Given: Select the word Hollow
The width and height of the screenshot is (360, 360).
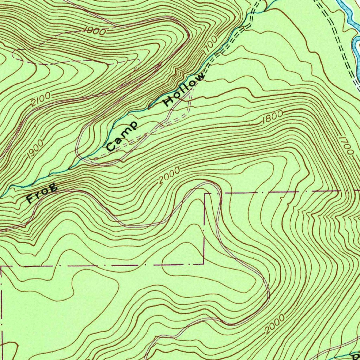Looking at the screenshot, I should point(184,90).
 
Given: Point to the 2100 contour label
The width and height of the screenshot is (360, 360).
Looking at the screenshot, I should point(41,99).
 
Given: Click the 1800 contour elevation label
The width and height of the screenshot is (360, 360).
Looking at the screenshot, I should point(272,117).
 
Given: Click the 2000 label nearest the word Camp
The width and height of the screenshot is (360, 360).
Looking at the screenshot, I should point(169,175).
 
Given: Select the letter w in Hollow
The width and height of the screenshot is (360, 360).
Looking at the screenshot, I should point(200,77).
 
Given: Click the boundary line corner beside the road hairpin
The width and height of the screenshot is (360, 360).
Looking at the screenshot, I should point(205,193).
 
